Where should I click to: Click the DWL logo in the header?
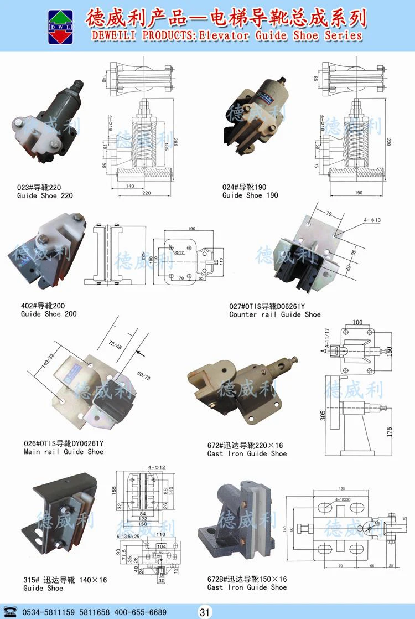[x=60, y=26]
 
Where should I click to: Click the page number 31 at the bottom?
[x=205, y=612]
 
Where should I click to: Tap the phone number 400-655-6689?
[x=141, y=612]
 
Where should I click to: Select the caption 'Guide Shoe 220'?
[x=45, y=195]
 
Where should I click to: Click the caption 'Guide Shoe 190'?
[x=250, y=195]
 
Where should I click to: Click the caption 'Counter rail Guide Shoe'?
[x=275, y=314]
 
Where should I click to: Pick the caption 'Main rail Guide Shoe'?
[x=64, y=452]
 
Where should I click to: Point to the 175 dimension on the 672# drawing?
[x=390, y=430]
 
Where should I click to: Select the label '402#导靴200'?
[x=43, y=306]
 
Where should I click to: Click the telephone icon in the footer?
[x=11, y=612]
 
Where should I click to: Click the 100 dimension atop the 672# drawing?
[x=357, y=322]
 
